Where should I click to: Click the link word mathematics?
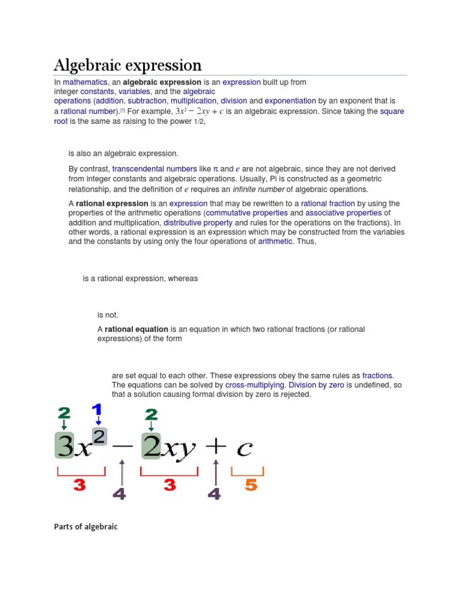(85, 82)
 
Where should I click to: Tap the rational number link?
(88, 111)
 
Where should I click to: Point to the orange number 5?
(250, 485)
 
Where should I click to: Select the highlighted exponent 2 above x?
(99, 436)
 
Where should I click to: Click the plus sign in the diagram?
(215, 445)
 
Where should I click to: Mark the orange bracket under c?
(247, 472)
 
